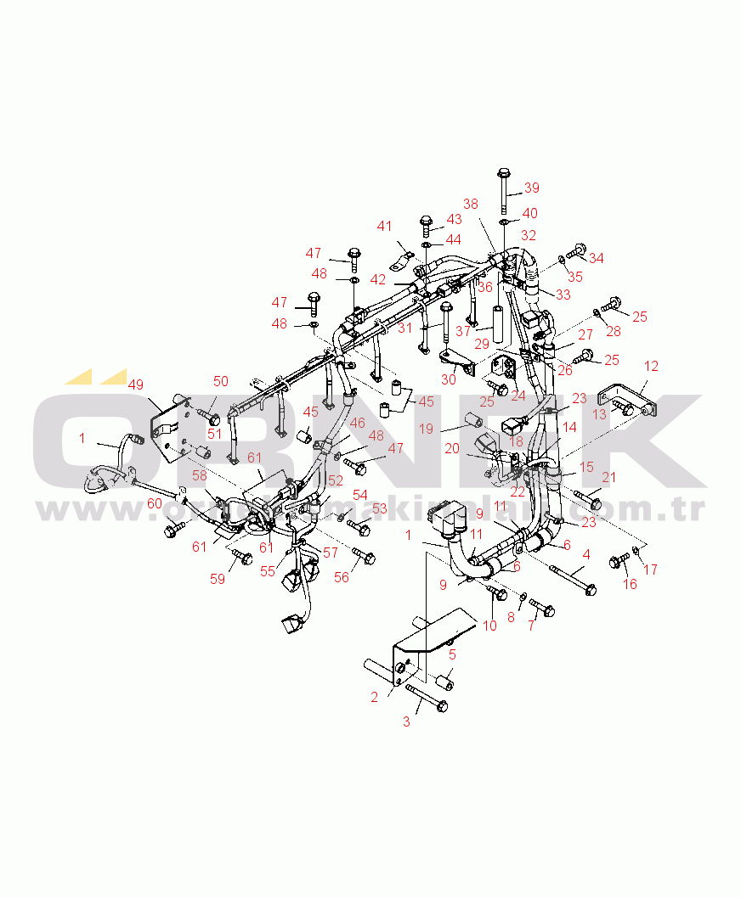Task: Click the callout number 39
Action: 531,188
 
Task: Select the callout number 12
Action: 651,367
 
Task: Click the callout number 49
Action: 135,384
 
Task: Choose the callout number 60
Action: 154,502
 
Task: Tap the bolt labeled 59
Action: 241,557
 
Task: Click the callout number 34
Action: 597,258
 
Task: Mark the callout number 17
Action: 650,570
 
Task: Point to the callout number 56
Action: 341,577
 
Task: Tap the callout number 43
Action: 455,219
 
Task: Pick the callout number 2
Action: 374,698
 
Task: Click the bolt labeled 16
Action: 618,561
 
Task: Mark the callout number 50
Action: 221,381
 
